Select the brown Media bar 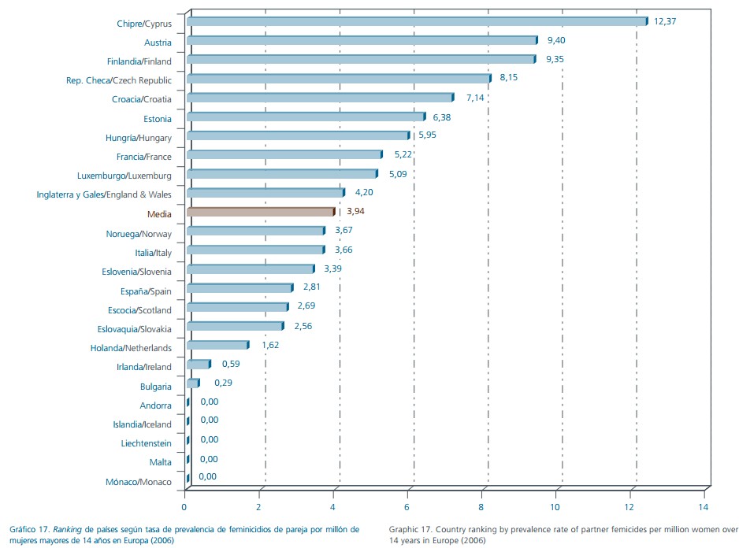point(260,212)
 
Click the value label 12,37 point(666,21)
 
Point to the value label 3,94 point(356,212)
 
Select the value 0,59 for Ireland point(231,364)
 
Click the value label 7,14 point(477,98)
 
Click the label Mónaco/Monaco point(139,482)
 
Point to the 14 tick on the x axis point(704,496)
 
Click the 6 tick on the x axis point(408,496)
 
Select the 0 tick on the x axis point(185,496)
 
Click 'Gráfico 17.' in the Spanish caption point(29,530)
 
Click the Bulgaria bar point(192,383)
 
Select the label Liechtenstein point(146,443)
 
